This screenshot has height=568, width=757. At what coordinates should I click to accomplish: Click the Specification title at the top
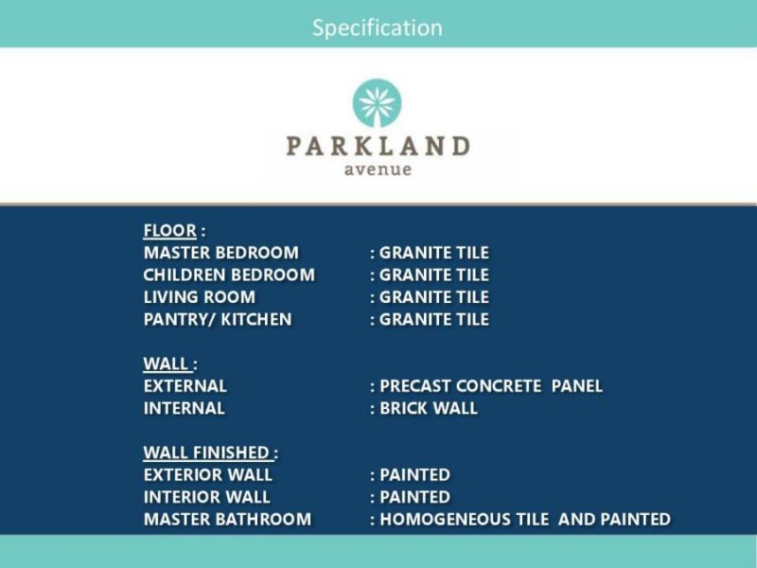377,28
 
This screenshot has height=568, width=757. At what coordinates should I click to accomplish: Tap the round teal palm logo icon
377,103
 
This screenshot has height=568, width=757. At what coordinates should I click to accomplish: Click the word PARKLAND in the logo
378,146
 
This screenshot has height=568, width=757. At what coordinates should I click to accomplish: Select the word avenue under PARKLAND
378,169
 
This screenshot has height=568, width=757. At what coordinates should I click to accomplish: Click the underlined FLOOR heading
170,231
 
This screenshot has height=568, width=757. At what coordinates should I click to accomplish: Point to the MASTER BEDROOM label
221,253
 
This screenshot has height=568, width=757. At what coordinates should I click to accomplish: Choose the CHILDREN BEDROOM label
229,275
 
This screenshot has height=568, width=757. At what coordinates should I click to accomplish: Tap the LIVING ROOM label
200,297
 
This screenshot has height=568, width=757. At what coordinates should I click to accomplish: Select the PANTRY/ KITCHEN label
218,319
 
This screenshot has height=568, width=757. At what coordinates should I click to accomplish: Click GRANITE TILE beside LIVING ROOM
434,297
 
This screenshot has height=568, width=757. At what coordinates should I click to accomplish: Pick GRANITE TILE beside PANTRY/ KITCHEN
434,319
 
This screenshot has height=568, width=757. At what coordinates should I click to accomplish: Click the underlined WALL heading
167,364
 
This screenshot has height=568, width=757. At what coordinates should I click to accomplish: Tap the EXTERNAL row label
185,386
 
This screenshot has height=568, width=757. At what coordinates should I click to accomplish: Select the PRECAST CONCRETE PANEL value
491,386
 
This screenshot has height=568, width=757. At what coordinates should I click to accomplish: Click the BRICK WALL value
429,408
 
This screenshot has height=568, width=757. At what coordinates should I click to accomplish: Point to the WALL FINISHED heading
206,453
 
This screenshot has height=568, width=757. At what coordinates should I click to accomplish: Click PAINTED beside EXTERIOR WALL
415,475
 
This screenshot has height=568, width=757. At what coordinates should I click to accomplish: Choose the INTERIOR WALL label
206,497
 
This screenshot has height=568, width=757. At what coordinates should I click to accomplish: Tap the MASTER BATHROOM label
227,519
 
